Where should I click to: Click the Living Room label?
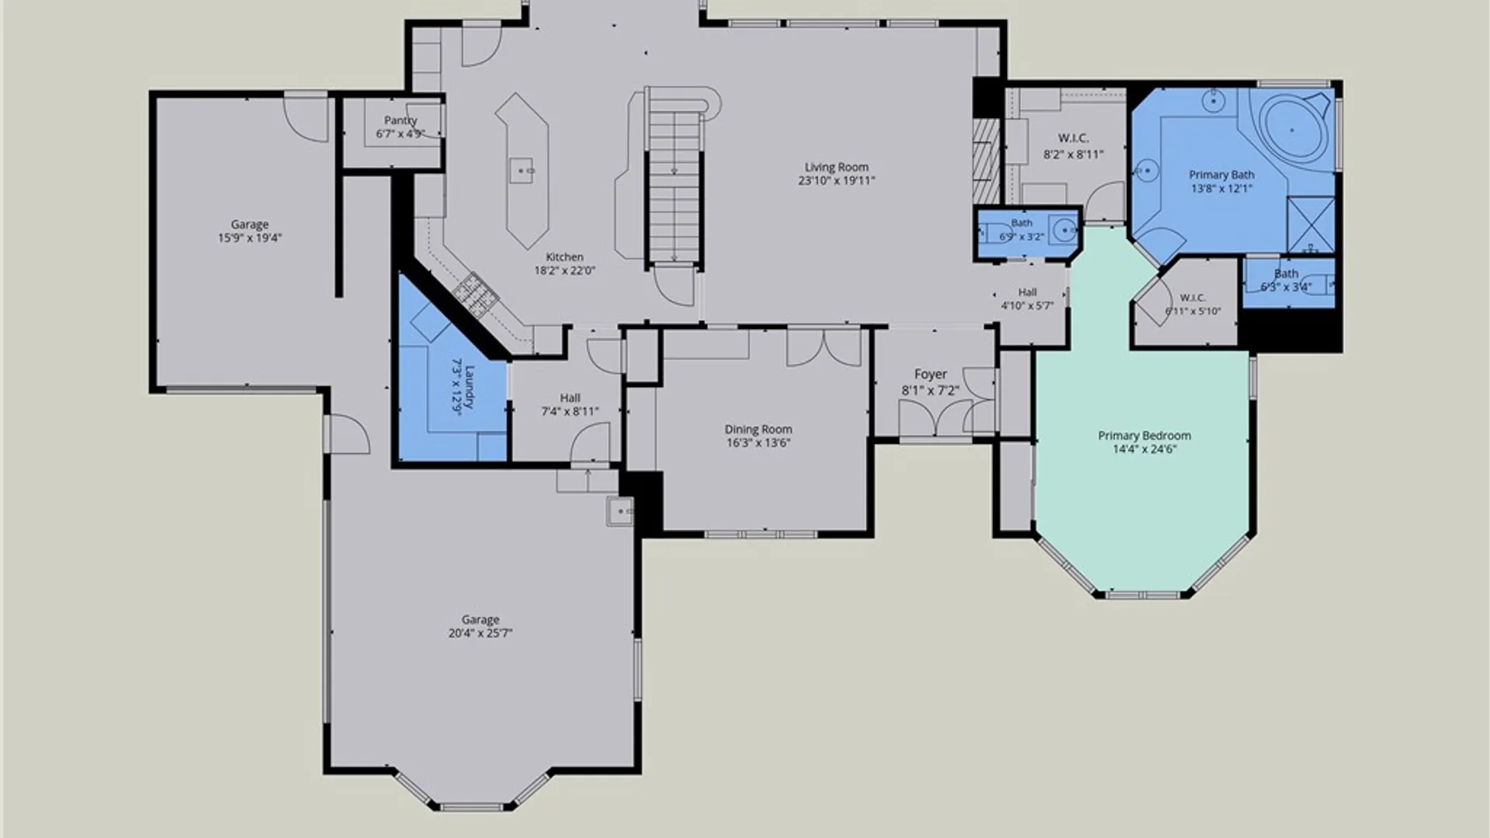(837, 167)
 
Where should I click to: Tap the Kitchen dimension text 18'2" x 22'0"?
(564, 271)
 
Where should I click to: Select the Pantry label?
(400, 120)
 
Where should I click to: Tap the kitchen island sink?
(521, 170)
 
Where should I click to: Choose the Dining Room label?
(758, 429)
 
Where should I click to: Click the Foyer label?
(930, 375)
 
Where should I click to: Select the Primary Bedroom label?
(1144, 435)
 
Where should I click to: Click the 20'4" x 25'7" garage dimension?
(480, 633)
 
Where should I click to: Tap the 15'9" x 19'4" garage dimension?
(249, 238)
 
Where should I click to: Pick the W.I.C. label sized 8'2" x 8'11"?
(1073, 138)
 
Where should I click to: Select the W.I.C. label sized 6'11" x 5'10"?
(1193, 298)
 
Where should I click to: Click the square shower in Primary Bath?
(1311, 225)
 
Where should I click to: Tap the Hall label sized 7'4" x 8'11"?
(570, 398)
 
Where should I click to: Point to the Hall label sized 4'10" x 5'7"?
(1027, 293)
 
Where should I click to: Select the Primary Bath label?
(1221, 175)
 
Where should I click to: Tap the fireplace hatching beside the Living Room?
(987, 161)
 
